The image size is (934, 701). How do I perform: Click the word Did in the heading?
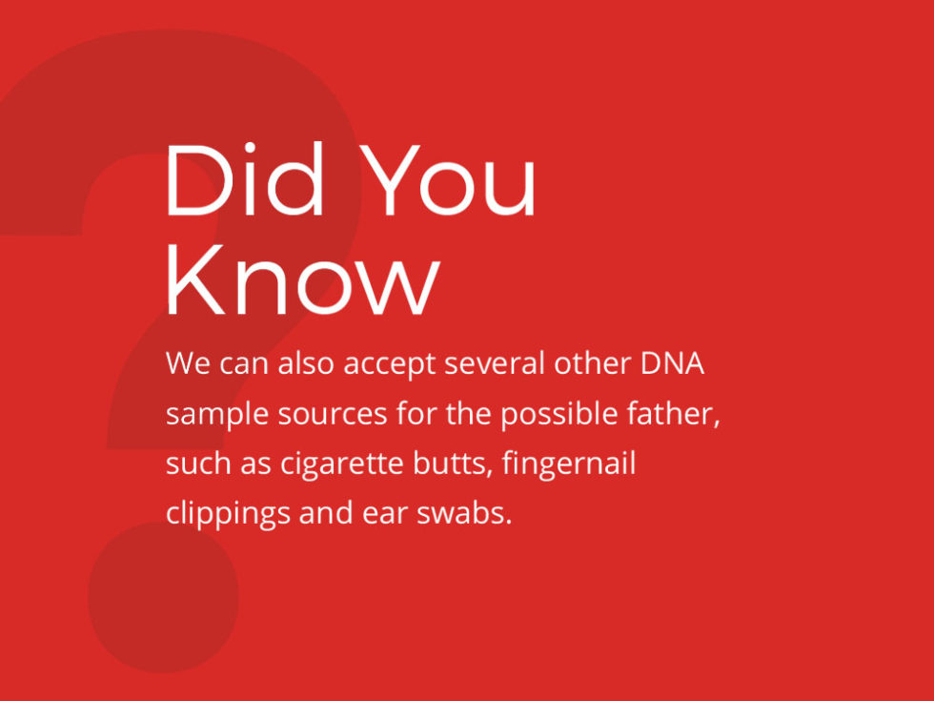click(x=249, y=181)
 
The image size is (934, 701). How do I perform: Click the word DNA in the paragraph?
click(x=673, y=364)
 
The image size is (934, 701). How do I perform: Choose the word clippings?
click(x=228, y=514)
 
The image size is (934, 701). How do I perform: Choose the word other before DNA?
click(x=595, y=364)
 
